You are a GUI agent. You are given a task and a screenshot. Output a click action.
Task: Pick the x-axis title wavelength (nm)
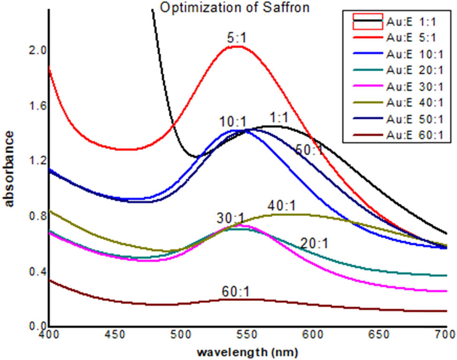247,351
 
